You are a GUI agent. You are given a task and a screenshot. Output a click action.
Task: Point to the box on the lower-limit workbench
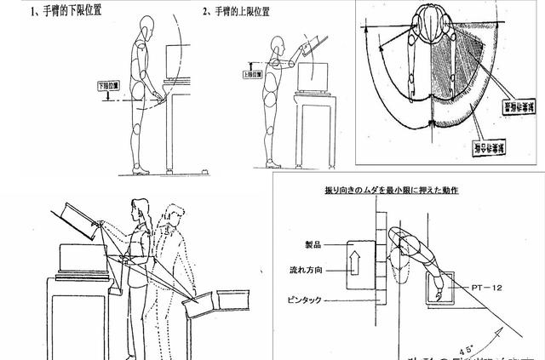[x=177, y=62]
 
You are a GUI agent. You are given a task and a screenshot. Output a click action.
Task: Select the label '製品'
[x=314, y=243]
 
